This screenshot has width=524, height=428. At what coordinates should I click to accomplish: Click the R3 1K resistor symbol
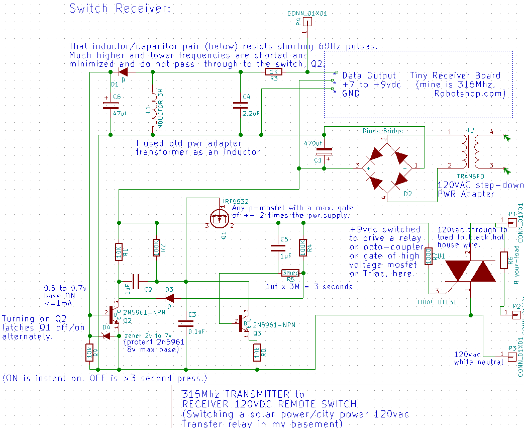point(273,72)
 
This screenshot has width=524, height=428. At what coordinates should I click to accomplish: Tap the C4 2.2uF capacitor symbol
point(240,105)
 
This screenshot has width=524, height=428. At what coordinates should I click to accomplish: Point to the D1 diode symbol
point(123,72)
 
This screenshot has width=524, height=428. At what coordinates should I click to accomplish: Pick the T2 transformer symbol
point(470,150)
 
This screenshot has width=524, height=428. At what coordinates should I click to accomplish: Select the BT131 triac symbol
point(470,272)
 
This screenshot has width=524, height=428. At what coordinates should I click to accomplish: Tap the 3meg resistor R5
point(290,273)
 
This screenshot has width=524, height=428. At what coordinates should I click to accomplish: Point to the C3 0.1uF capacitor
point(186,322)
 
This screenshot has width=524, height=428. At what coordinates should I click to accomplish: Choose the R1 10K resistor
point(118,251)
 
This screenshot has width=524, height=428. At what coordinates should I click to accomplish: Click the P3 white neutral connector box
point(512,356)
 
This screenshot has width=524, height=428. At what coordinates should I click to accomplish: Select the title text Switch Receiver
point(120,9)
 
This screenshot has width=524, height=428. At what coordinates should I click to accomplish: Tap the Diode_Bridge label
point(383,131)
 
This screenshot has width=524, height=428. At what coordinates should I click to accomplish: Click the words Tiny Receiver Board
point(455,75)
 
